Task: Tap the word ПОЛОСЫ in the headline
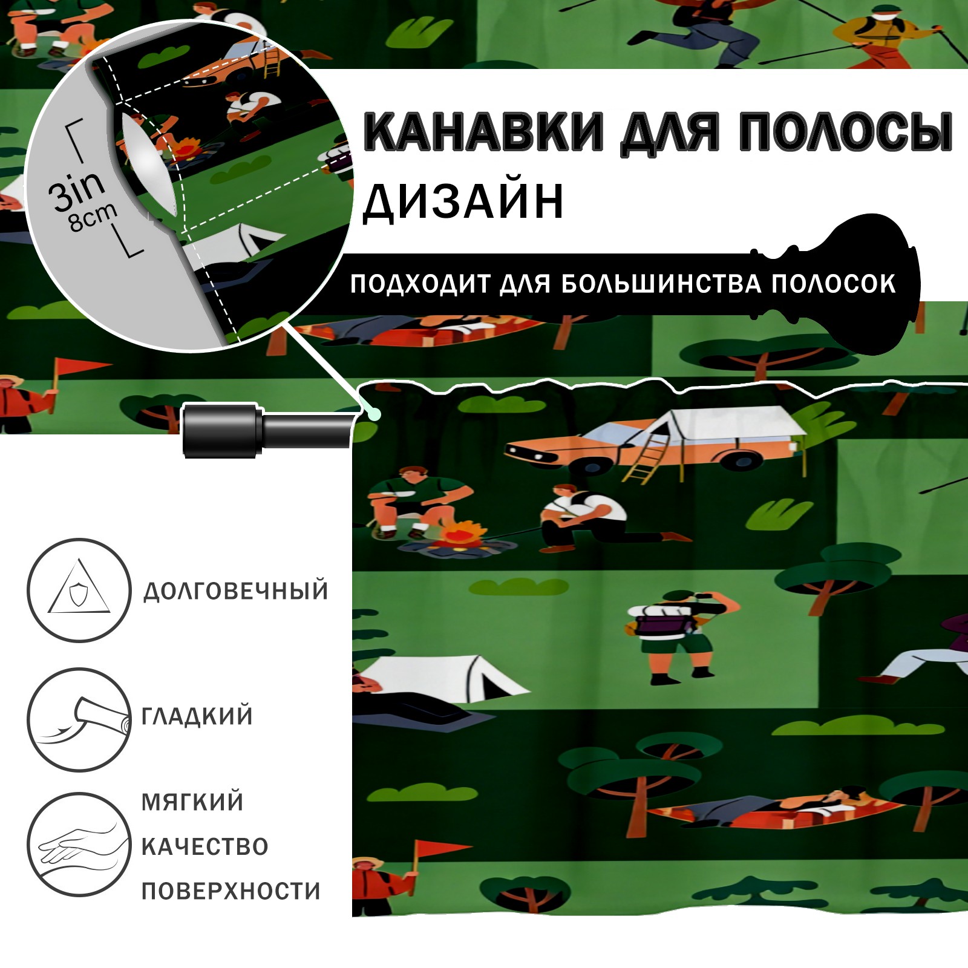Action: pos(846,131)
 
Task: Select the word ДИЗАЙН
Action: pos(463,201)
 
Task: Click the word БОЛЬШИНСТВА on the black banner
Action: pos(661,284)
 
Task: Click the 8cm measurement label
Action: pos(93,218)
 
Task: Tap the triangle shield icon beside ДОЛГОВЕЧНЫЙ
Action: pos(79,590)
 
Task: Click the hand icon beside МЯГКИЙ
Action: pos(79,844)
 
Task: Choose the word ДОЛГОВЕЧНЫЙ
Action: pos(235,590)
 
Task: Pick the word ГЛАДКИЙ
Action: pos(197,716)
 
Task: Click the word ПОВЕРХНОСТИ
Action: pos(231,891)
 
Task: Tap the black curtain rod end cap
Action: pos(223,430)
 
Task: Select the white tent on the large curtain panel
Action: pos(442,678)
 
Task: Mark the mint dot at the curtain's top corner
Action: pos(376,413)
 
